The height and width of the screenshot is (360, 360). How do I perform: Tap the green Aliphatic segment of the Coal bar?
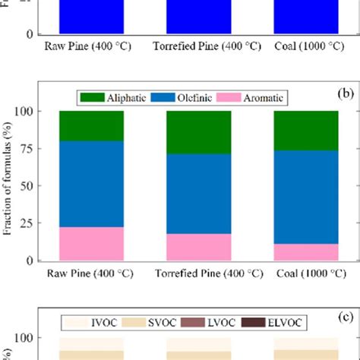click(306, 130)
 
